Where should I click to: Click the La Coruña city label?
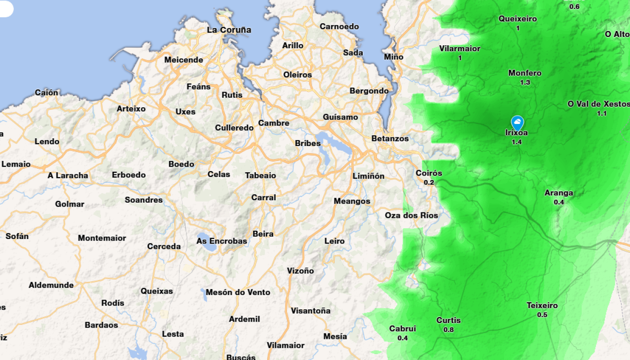229,30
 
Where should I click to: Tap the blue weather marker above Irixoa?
517,122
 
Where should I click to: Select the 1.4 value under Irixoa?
516,142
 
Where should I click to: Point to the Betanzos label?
390,139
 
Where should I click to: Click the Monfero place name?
525,73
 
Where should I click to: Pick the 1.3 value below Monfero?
525,83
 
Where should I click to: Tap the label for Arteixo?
131,109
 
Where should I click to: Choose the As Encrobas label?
221,241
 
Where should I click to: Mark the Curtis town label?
448,321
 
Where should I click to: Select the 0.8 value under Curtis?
448,330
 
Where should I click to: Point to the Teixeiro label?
542,305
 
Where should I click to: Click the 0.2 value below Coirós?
429,182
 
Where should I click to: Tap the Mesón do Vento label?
238,292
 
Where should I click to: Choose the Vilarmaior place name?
460,49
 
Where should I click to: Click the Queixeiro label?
518,19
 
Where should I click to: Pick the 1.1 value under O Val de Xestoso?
601,114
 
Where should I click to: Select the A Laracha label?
68,176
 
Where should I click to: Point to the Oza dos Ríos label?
411,215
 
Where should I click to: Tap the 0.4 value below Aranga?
559,202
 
